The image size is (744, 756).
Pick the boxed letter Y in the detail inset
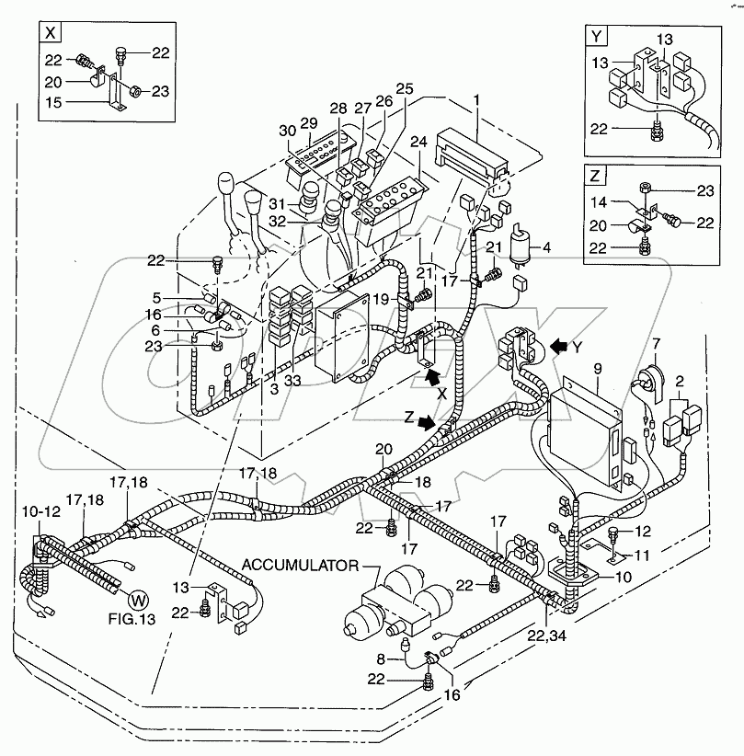point(599,38)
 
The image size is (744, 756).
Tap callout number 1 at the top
point(476,98)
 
